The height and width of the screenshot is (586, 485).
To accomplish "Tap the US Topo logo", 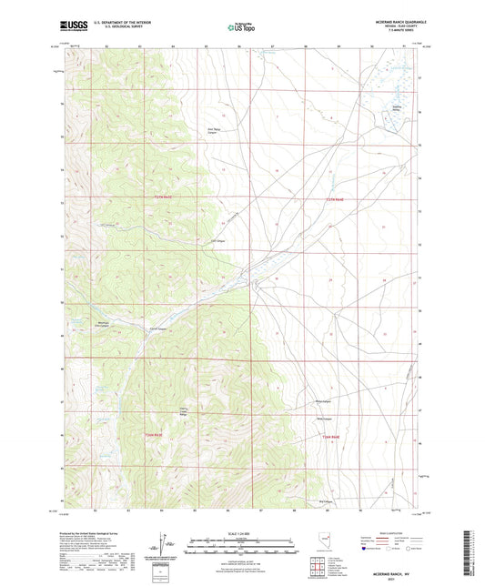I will pos(238,27).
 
